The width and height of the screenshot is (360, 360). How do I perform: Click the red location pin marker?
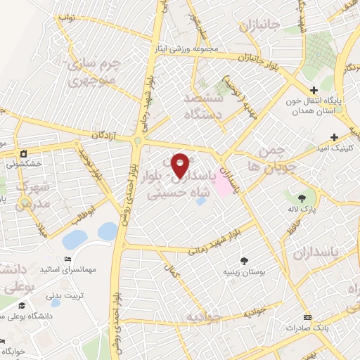pos(181,165)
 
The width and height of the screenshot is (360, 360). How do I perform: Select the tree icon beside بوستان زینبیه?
pos(244,260)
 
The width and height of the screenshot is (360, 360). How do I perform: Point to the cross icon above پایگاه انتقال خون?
pos(315,91)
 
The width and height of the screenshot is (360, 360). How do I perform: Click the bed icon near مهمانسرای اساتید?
pos(56,283)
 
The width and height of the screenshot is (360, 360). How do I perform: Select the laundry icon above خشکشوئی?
pos(23,153)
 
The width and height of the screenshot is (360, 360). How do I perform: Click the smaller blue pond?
pos(108,230)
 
